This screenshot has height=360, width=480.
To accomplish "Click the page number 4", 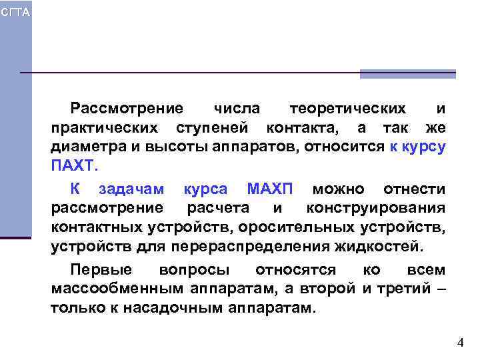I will (460, 343).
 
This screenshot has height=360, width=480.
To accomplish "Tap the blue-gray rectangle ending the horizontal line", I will (407, 74).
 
